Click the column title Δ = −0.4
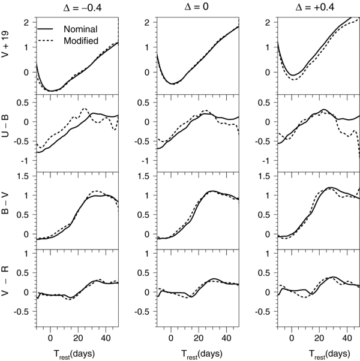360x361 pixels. (63, 7)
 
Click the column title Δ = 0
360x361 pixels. (184, 7)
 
